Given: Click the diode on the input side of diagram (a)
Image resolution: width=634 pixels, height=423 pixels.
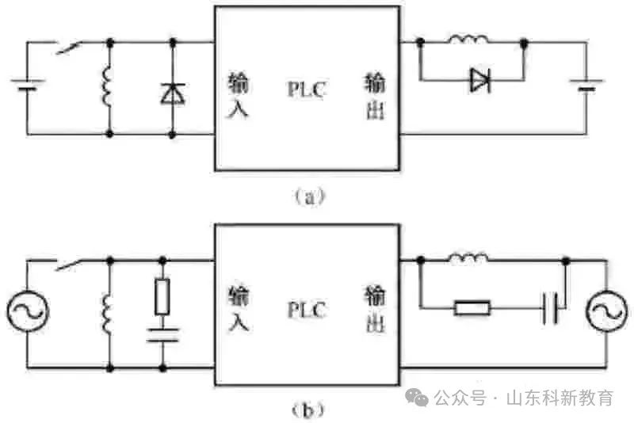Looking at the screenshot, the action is pyautogui.click(x=173, y=93).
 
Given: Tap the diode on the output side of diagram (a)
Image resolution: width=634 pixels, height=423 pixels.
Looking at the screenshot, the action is pyautogui.click(x=481, y=80).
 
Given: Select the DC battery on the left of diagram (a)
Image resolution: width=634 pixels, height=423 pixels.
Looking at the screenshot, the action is pyautogui.click(x=28, y=85).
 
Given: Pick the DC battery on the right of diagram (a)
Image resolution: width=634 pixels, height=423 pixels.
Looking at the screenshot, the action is pyautogui.click(x=586, y=85).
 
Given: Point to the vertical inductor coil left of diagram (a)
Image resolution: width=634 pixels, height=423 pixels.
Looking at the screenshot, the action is pyautogui.click(x=107, y=87).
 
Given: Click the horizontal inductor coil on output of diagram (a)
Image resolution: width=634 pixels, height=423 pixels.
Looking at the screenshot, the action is pyautogui.click(x=468, y=39).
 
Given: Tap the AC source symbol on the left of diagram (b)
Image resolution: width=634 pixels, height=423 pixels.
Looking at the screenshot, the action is pyautogui.click(x=28, y=311).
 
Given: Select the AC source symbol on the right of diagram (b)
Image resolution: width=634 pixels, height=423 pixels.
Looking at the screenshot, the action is pyautogui.click(x=607, y=311).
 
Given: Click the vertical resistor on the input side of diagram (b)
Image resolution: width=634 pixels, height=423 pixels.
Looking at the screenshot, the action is pyautogui.click(x=162, y=296).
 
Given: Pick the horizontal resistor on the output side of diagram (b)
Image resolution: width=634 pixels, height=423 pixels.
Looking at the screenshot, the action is pyautogui.click(x=472, y=308).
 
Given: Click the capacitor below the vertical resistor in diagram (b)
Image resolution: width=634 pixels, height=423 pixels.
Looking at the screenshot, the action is pyautogui.click(x=162, y=335).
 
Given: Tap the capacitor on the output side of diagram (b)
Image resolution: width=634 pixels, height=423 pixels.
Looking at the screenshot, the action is pyautogui.click(x=550, y=308).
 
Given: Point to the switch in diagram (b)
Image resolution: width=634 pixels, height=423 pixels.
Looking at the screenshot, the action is pyautogui.click(x=69, y=265).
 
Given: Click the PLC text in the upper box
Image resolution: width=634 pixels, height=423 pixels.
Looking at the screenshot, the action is pyautogui.click(x=307, y=89).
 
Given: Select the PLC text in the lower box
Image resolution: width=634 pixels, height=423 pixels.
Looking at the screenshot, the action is pyautogui.click(x=307, y=310).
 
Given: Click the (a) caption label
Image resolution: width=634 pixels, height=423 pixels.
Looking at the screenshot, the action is pyautogui.click(x=309, y=196).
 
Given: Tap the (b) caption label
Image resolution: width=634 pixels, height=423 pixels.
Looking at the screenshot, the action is pyautogui.click(x=308, y=410).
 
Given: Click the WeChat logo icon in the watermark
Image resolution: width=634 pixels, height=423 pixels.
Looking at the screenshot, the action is pyautogui.click(x=417, y=397).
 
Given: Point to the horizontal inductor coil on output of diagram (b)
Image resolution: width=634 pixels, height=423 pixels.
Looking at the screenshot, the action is pyautogui.click(x=468, y=257).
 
